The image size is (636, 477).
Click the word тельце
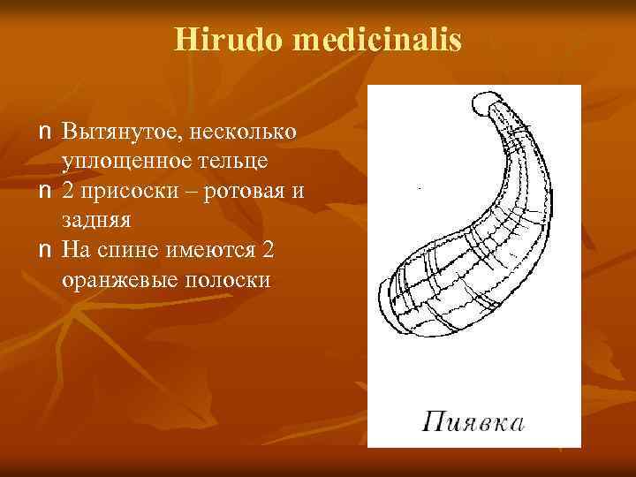click(x=237, y=163)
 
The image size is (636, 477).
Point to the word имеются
click(x=210, y=251)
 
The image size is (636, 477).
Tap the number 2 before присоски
click(x=69, y=192)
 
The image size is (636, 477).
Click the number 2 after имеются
click(x=269, y=251)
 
